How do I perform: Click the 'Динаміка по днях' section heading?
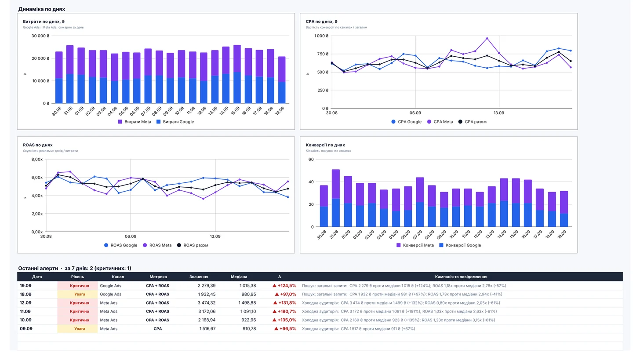pos(42,9)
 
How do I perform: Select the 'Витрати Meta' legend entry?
pos(135,122)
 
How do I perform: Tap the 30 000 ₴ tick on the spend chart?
pos(40,36)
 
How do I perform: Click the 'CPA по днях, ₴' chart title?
pos(321,22)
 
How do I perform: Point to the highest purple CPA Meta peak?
pos(487,38)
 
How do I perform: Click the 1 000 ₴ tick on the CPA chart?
pos(321,36)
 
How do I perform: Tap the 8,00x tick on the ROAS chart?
pos(37,160)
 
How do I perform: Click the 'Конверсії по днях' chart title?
pos(325,145)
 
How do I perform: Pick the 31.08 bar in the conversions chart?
pos(336,198)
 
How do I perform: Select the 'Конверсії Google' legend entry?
pos(460,245)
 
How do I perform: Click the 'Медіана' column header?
pos(239,276)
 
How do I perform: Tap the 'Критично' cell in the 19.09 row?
pos(80,286)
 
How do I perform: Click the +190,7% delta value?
pos(284,311)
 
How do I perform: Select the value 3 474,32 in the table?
pos(207,303)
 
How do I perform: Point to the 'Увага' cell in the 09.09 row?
pos(80,329)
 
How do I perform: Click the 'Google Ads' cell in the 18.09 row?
pos(111,295)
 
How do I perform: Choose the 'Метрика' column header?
pos(158,276)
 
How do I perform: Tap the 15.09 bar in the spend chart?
pos(237,74)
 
